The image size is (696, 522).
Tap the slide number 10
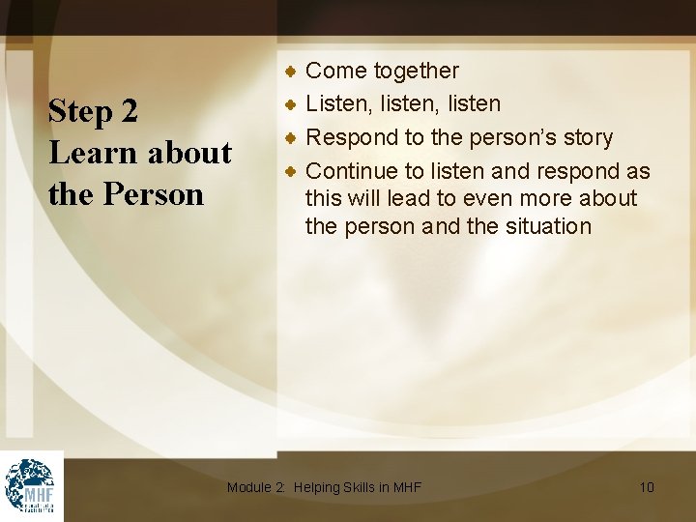647,487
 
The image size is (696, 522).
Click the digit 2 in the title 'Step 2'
130,112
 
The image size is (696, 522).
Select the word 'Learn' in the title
90,153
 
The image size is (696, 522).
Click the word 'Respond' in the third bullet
349,138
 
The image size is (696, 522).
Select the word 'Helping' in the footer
318,487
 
